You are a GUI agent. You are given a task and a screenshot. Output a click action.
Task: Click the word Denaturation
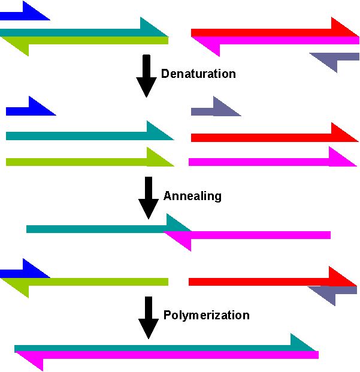pos(198,74)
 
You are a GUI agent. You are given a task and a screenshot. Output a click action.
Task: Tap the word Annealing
pos(192,196)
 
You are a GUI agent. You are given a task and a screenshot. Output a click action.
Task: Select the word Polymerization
pos(206,315)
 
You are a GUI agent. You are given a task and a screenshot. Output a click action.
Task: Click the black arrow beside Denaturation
pos(146,76)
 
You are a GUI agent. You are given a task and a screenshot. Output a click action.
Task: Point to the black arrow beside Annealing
pos(148,197)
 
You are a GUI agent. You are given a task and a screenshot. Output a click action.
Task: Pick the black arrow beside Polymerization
pos(148,317)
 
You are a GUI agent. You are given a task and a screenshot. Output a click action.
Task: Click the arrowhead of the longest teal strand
pos(302,343)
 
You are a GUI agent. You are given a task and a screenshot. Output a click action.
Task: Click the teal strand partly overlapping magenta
pos(96,228)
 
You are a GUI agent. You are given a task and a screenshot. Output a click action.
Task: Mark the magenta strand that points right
pos(264,161)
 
